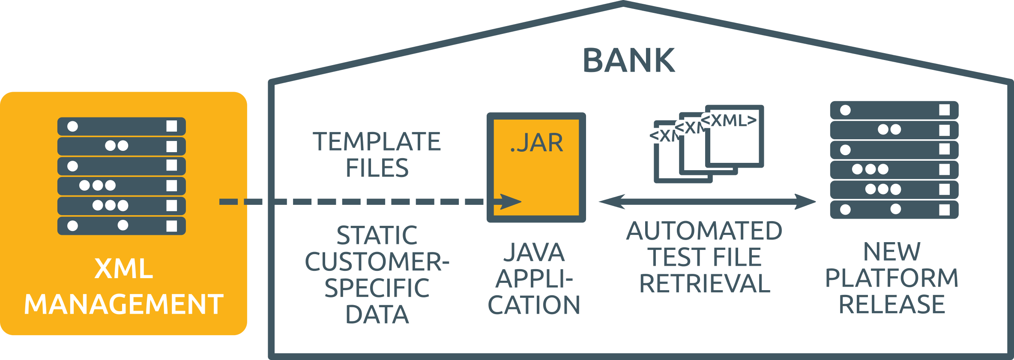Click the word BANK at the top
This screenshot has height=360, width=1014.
[628, 60]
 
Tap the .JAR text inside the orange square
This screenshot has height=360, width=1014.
[536, 143]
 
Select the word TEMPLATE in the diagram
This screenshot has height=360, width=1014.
[377, 141]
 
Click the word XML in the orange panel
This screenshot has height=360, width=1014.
[123, 269]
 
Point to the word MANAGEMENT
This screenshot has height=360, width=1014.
[123, 304]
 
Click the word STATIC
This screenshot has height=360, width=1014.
[377, 235]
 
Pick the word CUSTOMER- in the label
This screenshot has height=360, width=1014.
[377, 261]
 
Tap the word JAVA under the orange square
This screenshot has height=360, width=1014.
[534, 252]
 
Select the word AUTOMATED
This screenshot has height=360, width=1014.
[704, 231]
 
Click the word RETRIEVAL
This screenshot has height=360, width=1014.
[704, 284]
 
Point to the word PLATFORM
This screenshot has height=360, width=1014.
[891, 278]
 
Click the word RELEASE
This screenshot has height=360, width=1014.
[891, 304]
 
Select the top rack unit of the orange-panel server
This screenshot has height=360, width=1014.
[122, 126]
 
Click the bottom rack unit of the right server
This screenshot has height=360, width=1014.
[894, 209]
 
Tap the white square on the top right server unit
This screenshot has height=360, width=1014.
[944, 110]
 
